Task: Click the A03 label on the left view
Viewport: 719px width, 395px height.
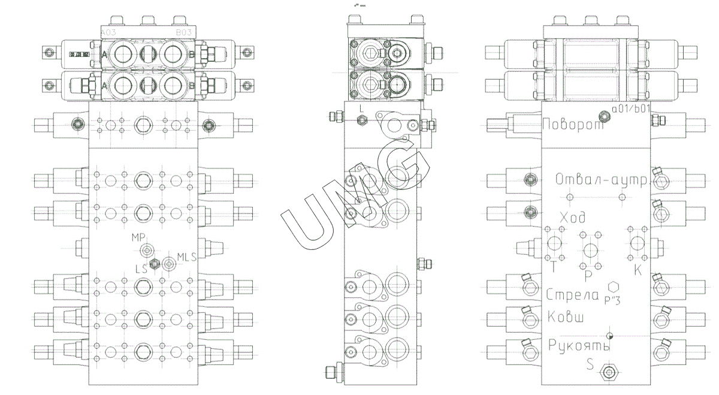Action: tap(109, 32)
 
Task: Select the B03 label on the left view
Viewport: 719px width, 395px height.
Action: tap(183, 32)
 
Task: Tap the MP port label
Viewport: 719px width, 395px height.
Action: tap(139, 237)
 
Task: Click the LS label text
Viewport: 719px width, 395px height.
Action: tap(141, 269)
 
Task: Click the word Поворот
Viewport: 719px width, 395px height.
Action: tap(572, 125)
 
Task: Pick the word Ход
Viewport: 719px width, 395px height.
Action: tap(572, 216)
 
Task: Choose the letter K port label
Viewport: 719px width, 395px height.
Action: tap(638, 270)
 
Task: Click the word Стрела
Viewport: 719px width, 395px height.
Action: tap(573, 294)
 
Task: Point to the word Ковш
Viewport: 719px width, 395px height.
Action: tap(566, 316)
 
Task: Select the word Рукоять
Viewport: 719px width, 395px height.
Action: tap(579, 346)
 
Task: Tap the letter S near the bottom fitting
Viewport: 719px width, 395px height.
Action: tap(590, 364)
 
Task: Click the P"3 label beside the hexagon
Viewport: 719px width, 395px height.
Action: tap(612, 299)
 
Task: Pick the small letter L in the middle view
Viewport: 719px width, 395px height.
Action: tap(361, 110)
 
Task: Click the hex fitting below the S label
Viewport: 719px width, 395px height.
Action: tap(610, 373)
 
